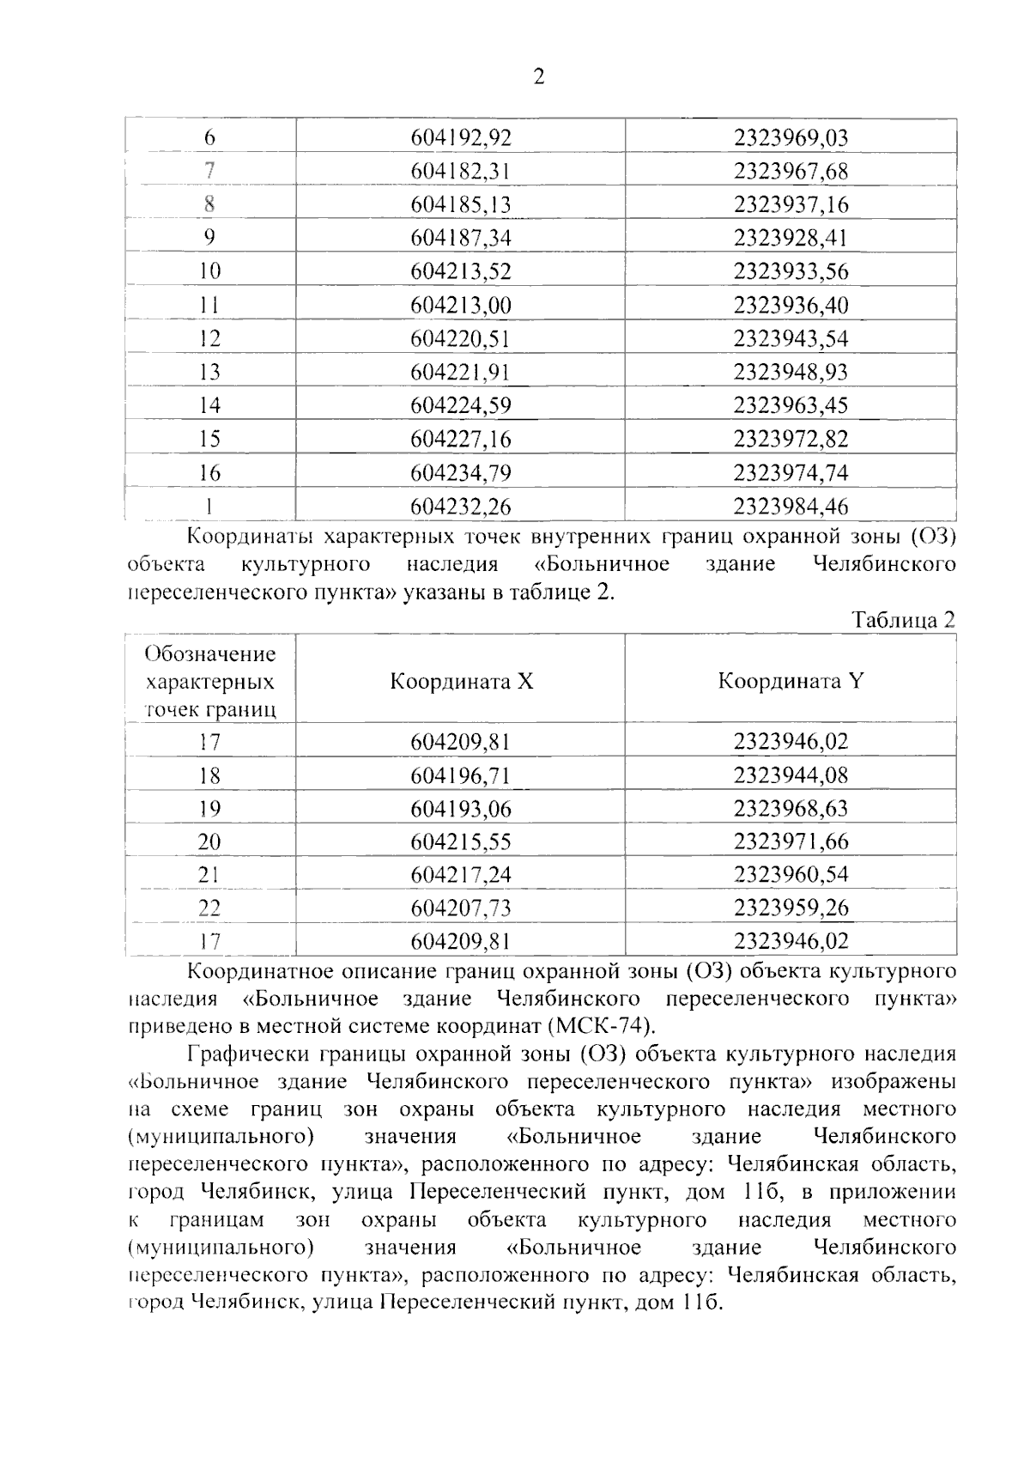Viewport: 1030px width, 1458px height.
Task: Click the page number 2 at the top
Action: (538, 77)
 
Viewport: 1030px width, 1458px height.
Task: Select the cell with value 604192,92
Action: (461, 137)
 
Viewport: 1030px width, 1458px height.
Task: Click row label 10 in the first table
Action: (209, 271)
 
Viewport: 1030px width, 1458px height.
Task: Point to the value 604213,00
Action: (461, 305)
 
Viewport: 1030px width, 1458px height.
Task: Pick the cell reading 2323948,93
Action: (791, 372)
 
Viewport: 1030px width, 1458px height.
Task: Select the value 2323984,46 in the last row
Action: (791, 507)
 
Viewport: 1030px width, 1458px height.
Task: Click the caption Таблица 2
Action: (903, 620)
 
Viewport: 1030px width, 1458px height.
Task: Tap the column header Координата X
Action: (462, 682)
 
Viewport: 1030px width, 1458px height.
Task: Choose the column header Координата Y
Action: (791, 682)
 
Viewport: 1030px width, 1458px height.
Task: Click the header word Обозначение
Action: (210, 654)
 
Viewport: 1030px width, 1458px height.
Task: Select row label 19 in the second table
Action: (209, 809)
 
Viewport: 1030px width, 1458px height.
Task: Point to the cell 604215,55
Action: (461, 842)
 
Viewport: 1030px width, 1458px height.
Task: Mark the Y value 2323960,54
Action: (791, 875)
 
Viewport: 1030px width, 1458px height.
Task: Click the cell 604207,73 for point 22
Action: (461, 908)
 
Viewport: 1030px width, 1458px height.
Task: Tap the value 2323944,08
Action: (791, 775)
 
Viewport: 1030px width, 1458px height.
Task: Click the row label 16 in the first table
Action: (209, 473)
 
